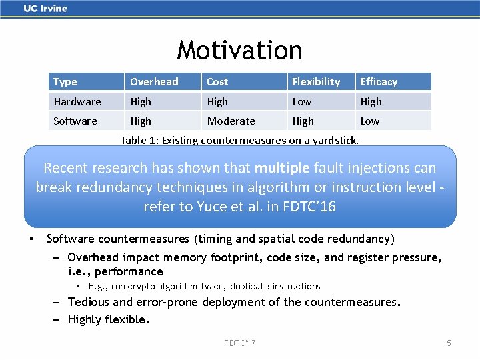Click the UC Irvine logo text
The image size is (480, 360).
[x=45, y=9]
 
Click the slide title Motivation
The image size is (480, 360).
[x=239, y=50]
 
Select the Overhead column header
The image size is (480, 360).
[x=154, y=82]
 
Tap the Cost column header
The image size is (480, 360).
[x=217, y=82]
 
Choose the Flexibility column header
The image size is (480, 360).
[x=316, y=82]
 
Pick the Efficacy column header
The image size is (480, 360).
[x=379, y=82]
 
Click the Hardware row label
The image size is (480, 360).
[x=77, y=102]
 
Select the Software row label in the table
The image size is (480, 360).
[x=75, y=121]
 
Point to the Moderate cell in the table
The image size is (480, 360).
[x=231, y=121]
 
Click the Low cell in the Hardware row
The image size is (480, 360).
[x=302, y=102]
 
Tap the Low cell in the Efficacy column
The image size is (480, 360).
[x=370, y=121]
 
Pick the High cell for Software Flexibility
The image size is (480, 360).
[x=303, y=121]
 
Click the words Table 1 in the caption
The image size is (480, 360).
[x=138, y=140]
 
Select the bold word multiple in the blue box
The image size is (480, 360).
[x=282, y=168]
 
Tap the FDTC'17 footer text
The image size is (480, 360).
[x=239, y=343]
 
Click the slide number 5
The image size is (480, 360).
[x=449, y=343]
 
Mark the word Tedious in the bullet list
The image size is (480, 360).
[x=90, y=302]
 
